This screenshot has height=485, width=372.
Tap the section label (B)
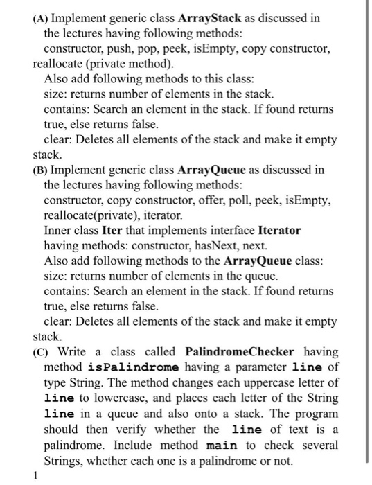(39, 170)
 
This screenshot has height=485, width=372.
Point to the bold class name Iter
(112, 230)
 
